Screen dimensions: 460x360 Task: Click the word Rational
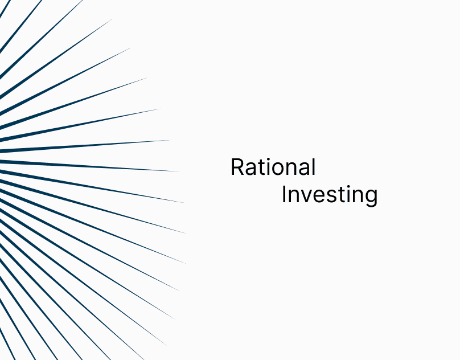coord(273,167)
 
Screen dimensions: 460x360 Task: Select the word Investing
coord(330,195)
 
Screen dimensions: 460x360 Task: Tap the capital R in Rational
coord(238,167)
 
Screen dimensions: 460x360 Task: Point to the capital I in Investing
coord(284,194)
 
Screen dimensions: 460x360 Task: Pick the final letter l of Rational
coord(314,167)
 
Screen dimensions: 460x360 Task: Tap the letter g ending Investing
coord(371,197)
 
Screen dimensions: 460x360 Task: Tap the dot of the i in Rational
coord(268,159)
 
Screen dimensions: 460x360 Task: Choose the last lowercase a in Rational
coord(305,169)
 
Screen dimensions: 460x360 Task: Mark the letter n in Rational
coord(293,169)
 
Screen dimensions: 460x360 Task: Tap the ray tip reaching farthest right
coord(187,234)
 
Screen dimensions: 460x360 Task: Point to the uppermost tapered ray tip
coord(112,19)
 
